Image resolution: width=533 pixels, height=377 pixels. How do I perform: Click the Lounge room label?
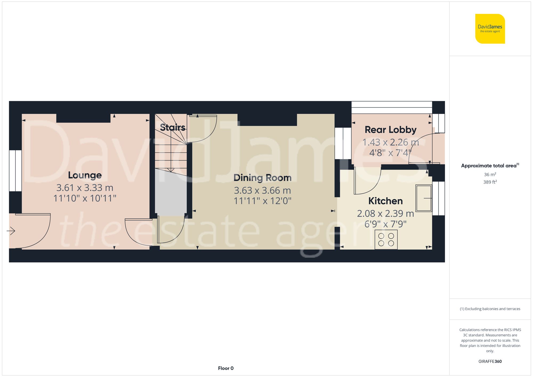(x=85, y=175)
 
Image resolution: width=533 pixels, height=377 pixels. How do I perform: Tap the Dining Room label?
(x=262, y=178)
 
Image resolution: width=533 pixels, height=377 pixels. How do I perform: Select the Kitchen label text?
(x=385, y=201)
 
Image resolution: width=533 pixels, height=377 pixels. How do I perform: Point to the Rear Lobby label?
(x=390, y=130)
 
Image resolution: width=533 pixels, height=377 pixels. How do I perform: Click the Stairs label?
(x=172, y=127)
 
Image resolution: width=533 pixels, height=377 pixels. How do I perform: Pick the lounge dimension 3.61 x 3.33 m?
(x=85, y=188)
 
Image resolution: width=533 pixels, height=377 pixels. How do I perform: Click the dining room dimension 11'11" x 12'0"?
(x=262, y=201)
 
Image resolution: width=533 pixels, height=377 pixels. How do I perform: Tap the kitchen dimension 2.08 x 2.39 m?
(x=385, y=213)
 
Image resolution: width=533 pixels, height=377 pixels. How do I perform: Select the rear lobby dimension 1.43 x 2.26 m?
(x=390, y=142)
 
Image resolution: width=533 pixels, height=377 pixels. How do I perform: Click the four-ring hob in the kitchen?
(x=386, y=240)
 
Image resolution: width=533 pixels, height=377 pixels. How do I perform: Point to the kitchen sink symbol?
(x=423, y=198)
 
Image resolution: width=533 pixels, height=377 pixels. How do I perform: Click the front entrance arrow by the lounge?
(x=11, y=231)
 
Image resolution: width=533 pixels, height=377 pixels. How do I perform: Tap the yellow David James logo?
(x=490, y=29)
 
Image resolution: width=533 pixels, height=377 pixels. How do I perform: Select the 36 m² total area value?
(x=490, y=175)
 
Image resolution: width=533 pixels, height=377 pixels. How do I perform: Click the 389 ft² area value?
(x=490, y=182)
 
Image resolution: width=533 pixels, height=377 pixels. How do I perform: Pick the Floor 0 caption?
(x=225, y=368)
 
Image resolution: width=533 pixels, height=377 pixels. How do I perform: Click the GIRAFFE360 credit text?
(x=490, y=361)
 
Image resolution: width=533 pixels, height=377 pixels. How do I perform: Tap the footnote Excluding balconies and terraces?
(x=490, y=309)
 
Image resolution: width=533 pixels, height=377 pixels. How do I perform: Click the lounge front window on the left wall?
(x=15, y=171)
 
